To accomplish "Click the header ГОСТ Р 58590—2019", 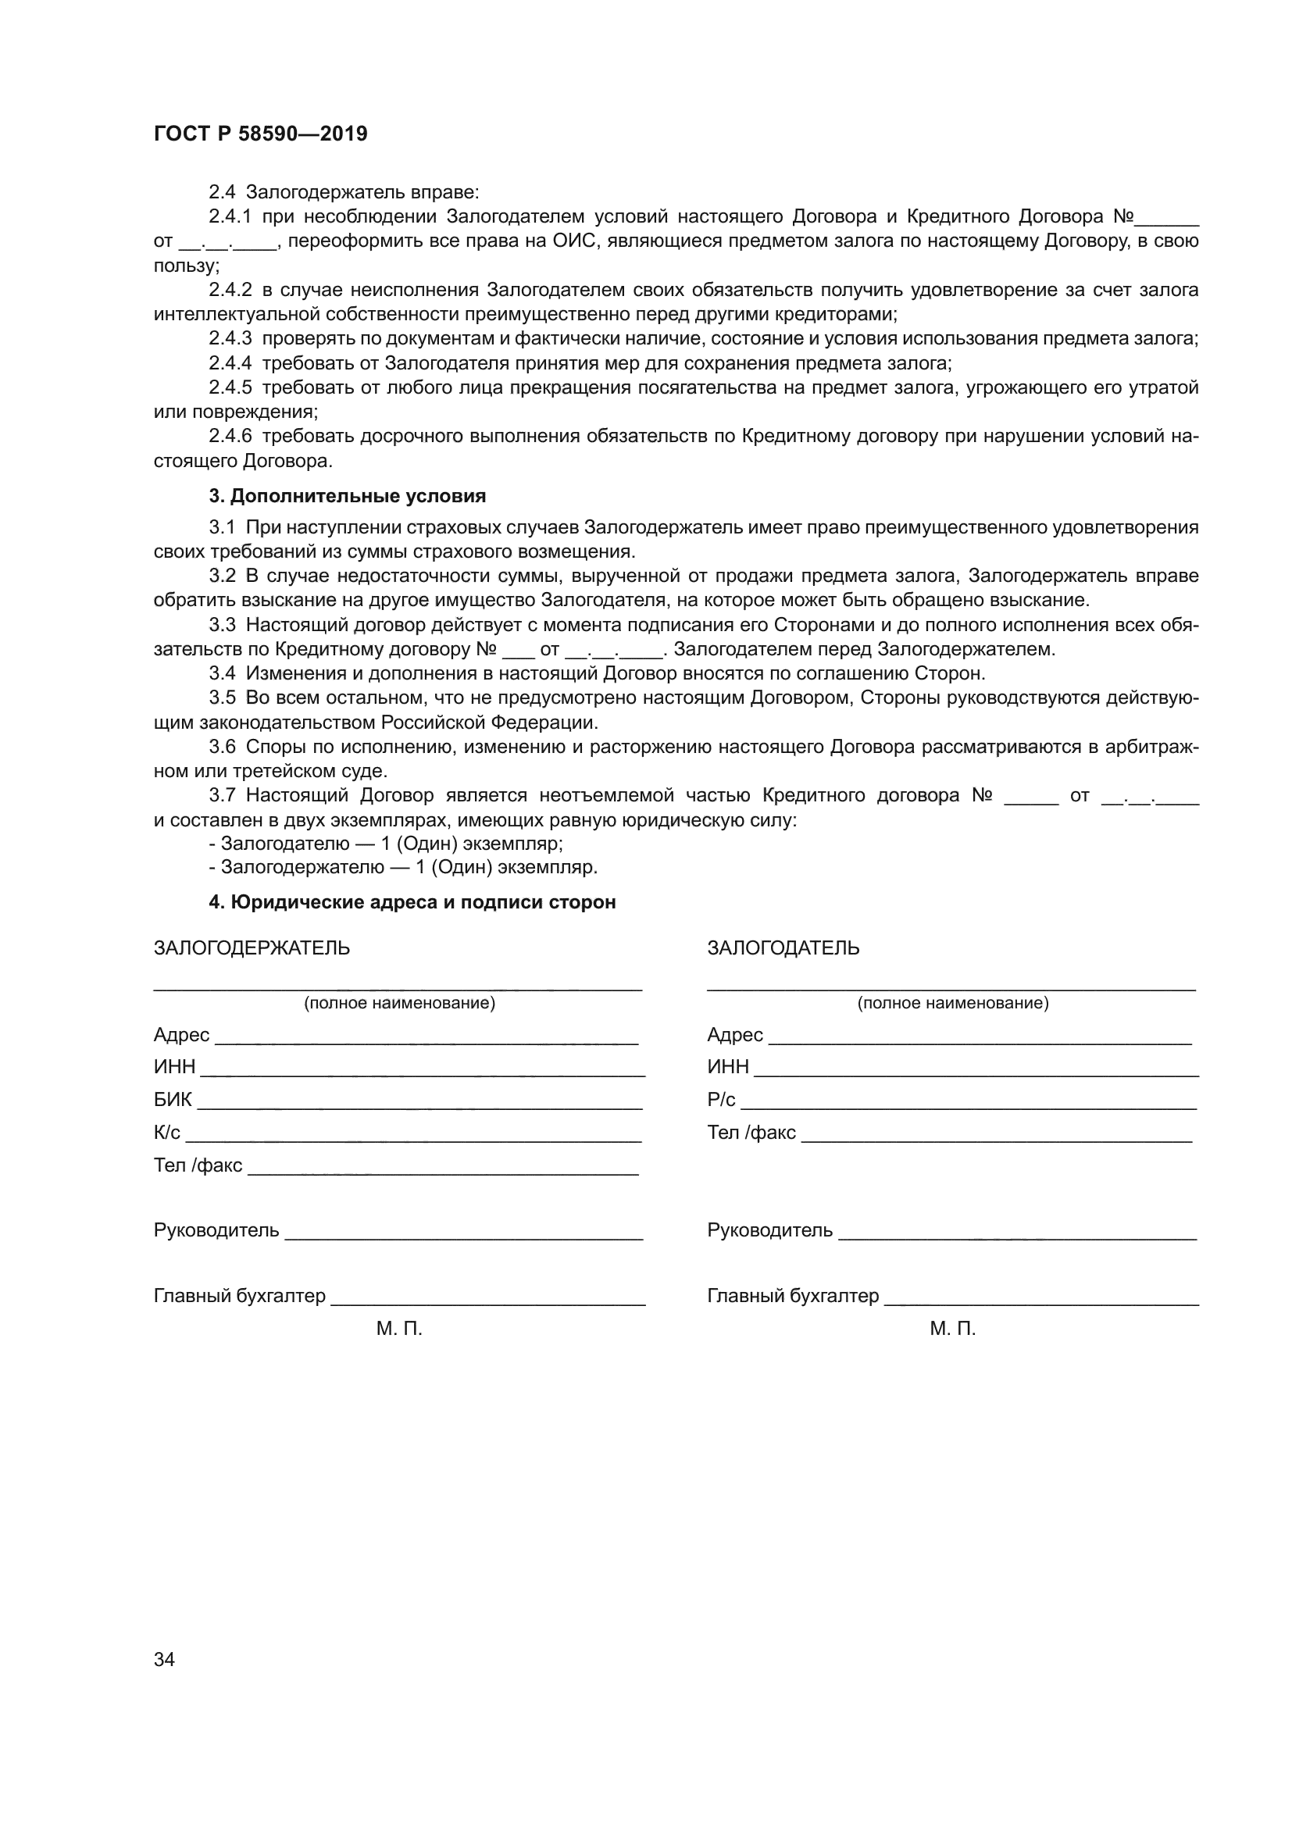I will tap(260, 134).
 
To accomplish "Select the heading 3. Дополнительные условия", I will tap(347, 497).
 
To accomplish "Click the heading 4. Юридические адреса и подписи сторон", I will tap(412, 902).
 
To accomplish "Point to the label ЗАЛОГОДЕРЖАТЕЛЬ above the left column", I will tap(252, 947).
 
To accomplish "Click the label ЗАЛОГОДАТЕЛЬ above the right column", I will tap(783, 947).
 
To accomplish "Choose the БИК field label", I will tap(173, 1100).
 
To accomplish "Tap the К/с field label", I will tap(167, 1133).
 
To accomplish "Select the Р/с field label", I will tap(721, 1100).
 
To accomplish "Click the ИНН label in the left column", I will tap(174, 1067).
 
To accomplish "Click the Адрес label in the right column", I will tap(734, 1034).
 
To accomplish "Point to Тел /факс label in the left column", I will tap(198, 1165).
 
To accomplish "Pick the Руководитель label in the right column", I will tap(769, 1230).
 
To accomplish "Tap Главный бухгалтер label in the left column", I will tap(240, 1295).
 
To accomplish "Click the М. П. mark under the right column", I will tap(952, 1329).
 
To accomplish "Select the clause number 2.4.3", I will tap(230, 339).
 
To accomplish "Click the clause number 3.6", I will tap(223, 747).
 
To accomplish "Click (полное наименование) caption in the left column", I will tap(399, 1003).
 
